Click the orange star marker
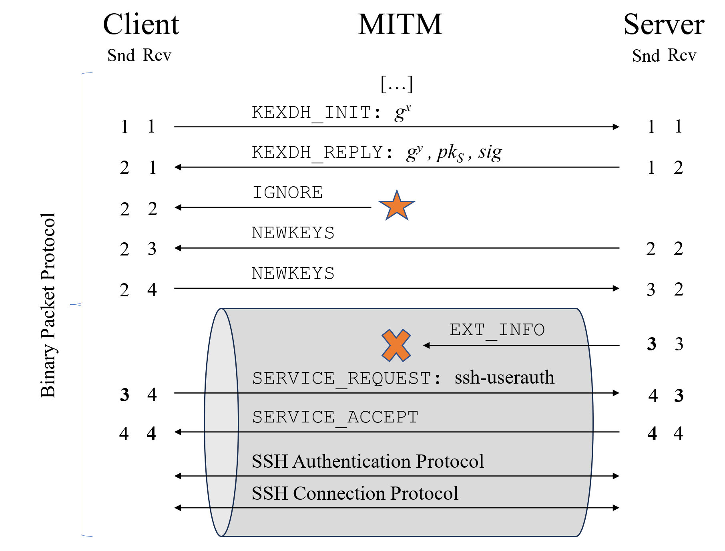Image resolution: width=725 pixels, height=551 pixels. (x=396, y=206)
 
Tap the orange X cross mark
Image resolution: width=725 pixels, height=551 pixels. (x=396, y=345)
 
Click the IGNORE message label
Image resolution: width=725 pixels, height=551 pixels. (x=287, y=193)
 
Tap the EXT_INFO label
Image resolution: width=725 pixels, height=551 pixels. (x=497, y=330)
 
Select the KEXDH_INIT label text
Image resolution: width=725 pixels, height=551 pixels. (x=316, y=113)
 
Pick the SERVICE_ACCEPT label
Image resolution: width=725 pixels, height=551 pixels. (x=335, y=417)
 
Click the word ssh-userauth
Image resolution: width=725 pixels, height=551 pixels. (x=504, y=378)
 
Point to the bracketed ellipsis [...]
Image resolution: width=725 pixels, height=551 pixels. (x=396, y=84)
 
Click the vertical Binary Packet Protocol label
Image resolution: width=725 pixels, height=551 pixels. (x=48, y=305)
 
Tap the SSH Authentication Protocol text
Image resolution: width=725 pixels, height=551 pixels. (x=368, y=461)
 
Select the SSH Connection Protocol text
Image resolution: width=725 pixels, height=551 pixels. (x=355, y=493)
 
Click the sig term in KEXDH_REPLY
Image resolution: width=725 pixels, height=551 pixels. (x=490, y=153)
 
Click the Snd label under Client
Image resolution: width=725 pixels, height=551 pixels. (x=121, y=55)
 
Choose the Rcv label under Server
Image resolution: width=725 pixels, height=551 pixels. (x=682, y=55)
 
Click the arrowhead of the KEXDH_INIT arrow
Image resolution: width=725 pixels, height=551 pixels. (x=616, y=127)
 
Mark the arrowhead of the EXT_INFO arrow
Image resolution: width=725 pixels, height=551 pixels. (x=427, y=345)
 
